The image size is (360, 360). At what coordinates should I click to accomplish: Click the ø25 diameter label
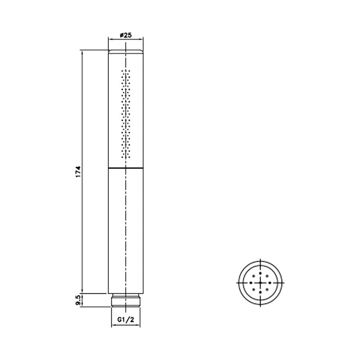point(125,35)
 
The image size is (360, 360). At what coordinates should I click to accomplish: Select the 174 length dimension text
point(78,172)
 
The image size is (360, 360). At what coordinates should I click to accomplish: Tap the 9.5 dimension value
point(78,300)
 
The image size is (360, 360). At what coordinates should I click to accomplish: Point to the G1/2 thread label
point(125,319)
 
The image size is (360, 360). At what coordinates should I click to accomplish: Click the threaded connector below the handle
point(125,300)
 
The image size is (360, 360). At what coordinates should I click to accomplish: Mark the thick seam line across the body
point(125,168)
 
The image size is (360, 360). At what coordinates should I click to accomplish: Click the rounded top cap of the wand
point(125,51)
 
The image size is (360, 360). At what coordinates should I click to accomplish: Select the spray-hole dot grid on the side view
point(125,114)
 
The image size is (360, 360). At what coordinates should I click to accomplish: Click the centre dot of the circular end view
point(260,283)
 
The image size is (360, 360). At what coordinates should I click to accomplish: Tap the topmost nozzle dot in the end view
point(260,273)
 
